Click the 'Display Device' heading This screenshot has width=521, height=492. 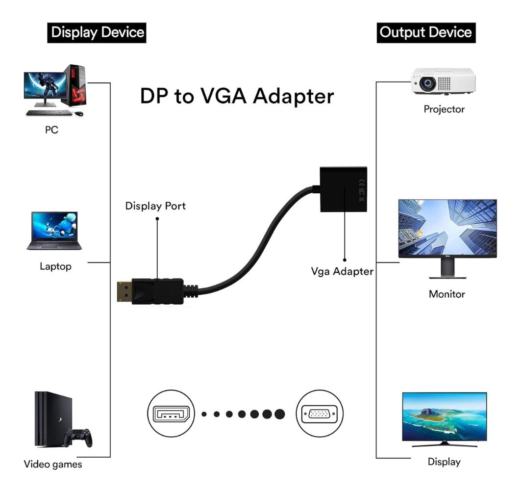pos(98,33)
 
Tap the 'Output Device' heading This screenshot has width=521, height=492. pos(425,33)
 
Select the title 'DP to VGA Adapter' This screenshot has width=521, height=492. pos(237,96)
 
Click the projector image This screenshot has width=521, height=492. pos(443,80)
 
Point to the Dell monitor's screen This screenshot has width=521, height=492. pos(447,228)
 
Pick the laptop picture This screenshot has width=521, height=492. pos(54,231)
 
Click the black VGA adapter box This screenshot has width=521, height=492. pos(343,189)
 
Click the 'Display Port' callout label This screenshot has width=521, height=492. pos(155,206)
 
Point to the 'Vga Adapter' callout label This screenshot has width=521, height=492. pos(342,271)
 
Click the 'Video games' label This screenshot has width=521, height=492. pos(53,464)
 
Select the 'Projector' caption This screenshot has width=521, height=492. pos(444,109)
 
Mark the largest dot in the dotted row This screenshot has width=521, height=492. pos(279,414)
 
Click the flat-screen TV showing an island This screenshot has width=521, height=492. pos(444,417)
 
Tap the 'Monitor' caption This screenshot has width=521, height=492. pos(447,294)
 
